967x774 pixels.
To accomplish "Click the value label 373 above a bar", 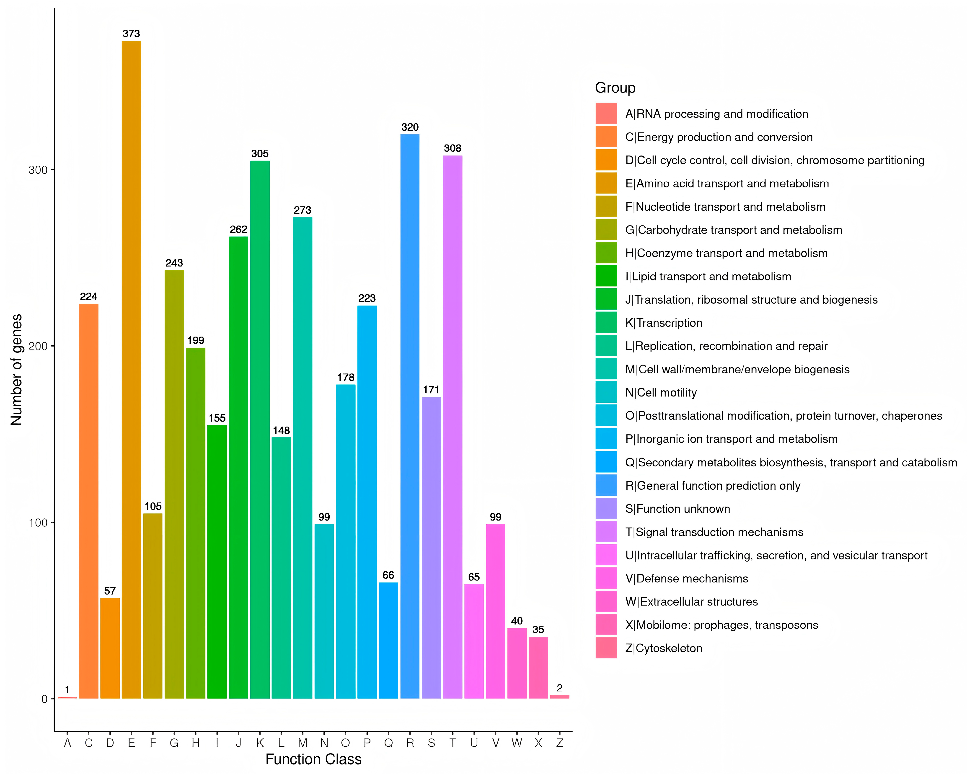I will [131, 34].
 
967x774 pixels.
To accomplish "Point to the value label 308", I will [452, 148].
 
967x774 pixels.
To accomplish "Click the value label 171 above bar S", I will [431, 390].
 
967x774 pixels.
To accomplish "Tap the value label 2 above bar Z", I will [559, 688].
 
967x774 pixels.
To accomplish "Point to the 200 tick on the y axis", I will [38, 346].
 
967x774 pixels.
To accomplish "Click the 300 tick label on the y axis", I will [38, 170].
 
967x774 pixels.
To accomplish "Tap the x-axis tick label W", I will [517, 743].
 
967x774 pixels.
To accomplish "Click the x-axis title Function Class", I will [313, 759].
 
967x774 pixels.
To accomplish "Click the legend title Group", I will [615, 88].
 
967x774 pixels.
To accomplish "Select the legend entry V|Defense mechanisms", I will [686, 578].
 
